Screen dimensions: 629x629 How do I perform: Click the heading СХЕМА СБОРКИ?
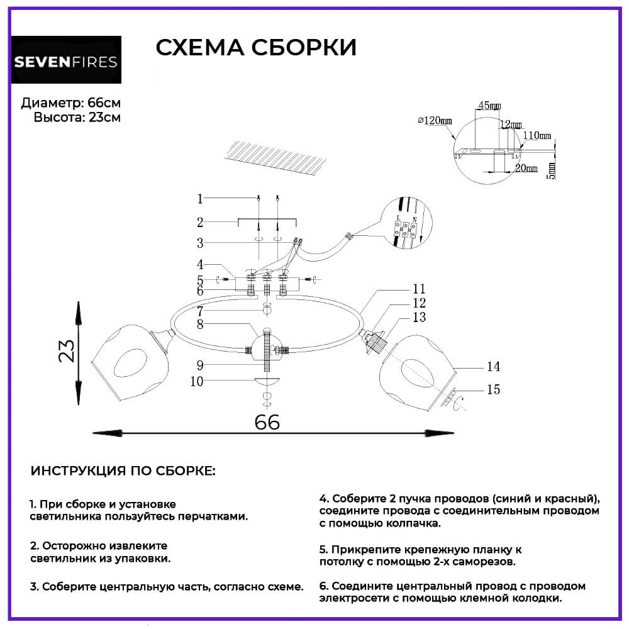click(x=255, y=48)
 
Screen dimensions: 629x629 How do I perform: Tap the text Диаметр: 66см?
click(x=70, y=103)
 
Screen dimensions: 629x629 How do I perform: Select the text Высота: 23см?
click(x=77, y=117)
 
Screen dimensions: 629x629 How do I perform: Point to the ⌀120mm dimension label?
click(x=435, y=121)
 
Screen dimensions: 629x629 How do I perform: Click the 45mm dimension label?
click(x=490, y=104)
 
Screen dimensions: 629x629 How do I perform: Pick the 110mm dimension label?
click(x=537, y=135)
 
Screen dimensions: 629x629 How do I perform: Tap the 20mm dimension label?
click(x=526, y=168)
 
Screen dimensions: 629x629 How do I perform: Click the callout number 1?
click(x=200, y=199)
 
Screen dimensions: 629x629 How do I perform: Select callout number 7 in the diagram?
click(x=200, y=311)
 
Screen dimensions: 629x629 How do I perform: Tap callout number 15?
click(x=493, y=390)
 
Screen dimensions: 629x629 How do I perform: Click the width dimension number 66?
click(x=267, y=422)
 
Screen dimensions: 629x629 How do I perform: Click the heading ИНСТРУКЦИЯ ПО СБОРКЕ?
click(x=123, y=471)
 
